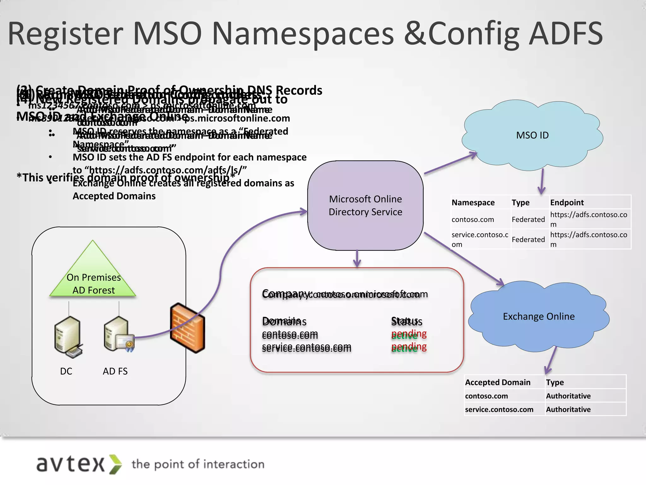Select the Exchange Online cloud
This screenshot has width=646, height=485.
click(539, 317)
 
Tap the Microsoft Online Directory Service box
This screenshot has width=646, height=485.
click(365, 206)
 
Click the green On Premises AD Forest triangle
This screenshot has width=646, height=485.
click(93, 275)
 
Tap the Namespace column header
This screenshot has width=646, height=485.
click(473, 203)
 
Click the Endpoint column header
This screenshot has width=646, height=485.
click(567, 203)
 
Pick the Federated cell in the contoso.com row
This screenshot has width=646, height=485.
click(528, 219)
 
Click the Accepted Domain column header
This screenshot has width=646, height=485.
click(497, 382)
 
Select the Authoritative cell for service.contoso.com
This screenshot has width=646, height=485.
click(568, 410)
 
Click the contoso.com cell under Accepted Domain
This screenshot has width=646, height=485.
click(486, 396)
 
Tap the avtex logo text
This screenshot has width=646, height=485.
click(70, 464)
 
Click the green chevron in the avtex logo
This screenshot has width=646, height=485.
click(115, 464)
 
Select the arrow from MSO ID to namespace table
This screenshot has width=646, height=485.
click(542, 182)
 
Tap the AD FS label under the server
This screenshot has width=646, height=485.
click(115, 371)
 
